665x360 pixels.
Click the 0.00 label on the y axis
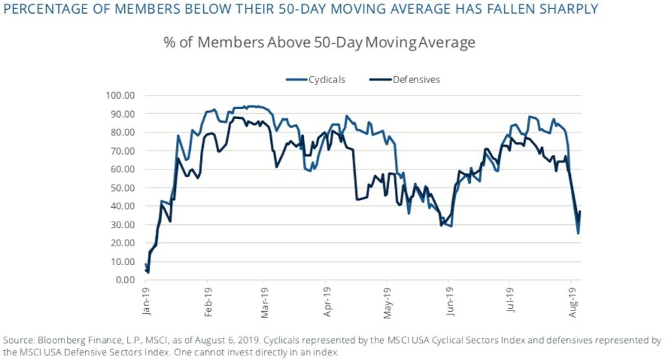(124, 280)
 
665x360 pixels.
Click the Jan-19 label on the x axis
(146, 302)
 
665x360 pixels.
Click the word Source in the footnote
(18, 340)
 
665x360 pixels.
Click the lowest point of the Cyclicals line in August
(578, 233)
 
